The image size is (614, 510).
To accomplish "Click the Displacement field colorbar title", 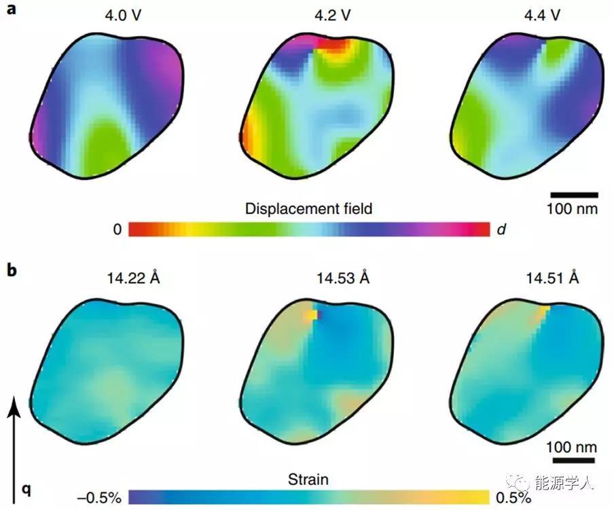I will tap(309, 208).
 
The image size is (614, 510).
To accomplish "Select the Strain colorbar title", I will tap(308, 479).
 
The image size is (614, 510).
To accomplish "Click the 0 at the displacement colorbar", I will tap(117, 230).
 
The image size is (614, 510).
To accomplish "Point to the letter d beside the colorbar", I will tap(501, 230).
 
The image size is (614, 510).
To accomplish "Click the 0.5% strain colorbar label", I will tap(512, 497).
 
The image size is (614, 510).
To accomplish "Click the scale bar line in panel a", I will tap(573, 195).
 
